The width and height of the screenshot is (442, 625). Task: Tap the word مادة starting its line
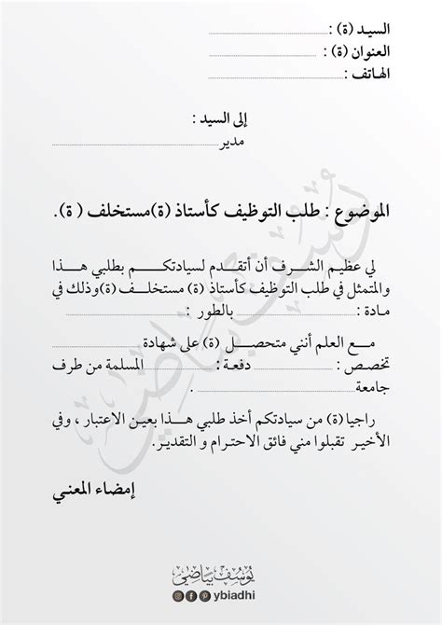378,311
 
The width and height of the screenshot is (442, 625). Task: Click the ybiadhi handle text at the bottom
235,596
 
